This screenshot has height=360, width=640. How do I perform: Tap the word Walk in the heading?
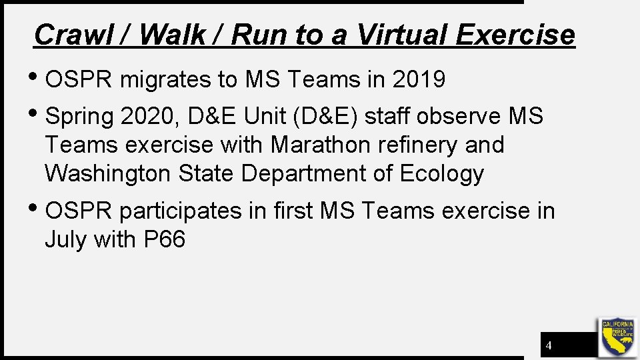(x=173, y=35)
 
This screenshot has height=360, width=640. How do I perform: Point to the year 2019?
(x=419, y=80)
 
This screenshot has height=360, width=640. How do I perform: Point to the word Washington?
(x=107, y=173)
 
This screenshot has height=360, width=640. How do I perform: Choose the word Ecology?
(x=442, y=173)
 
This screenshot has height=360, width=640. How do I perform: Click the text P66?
(x=165, y=239)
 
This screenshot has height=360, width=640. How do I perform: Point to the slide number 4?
(x=549, y=346)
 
